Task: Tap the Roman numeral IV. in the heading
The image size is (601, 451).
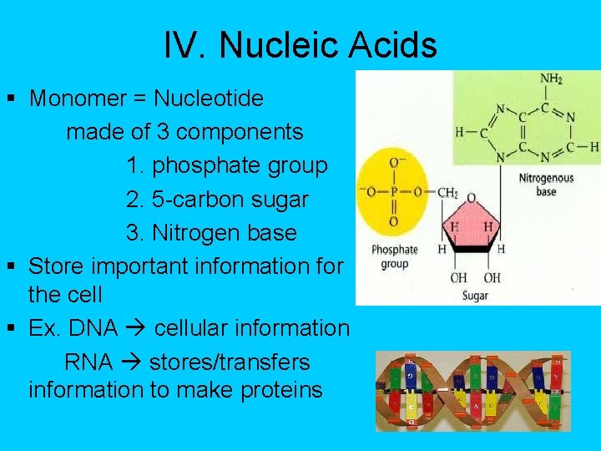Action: click(186, 45)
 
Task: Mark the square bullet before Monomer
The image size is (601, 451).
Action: click(11, 99)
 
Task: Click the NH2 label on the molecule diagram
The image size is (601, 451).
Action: click(551, 80)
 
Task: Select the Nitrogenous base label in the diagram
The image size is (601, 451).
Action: click(546, 185)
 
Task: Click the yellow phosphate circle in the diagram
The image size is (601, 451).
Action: click(392, 192)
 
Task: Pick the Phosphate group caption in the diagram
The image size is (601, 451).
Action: click(394, 256)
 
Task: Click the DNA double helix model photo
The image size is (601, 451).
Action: click(472, 390)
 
